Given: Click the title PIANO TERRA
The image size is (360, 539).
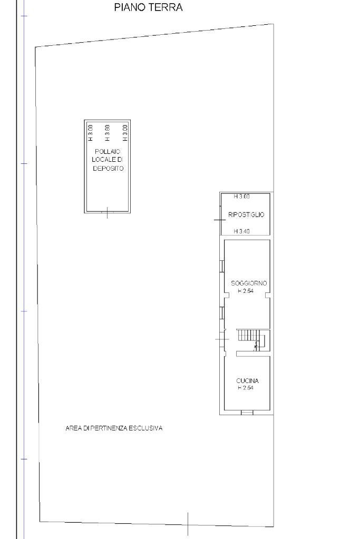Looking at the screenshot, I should (148, 8).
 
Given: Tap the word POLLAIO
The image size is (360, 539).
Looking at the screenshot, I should (107, 151).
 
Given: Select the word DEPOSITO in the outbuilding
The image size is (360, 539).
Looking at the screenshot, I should (107, 169).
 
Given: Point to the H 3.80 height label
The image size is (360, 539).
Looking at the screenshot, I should (108, 133).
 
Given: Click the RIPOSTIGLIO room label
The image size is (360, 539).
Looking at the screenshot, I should (246, 215).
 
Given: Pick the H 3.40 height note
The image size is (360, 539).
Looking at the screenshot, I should (242, 231).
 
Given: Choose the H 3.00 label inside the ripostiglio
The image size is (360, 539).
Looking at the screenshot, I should (242, 197).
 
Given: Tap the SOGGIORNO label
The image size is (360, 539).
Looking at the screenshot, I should (249, 283).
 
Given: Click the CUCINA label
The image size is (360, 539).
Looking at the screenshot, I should (247, 380).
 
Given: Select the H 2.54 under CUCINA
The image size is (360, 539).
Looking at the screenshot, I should (245, 388).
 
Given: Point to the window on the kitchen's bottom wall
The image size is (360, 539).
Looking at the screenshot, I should (247, 413).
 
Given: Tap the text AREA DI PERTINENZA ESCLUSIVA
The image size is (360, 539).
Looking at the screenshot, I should (114, 428).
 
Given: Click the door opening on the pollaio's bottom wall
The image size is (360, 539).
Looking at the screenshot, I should (108, 212).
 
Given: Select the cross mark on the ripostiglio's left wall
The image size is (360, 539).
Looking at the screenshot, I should (220, 219).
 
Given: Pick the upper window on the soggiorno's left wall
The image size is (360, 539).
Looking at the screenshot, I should (222, 266).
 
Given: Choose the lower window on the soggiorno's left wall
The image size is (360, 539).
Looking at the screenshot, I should (222, 313).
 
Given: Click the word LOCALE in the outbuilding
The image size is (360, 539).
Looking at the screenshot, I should (107, 160).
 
